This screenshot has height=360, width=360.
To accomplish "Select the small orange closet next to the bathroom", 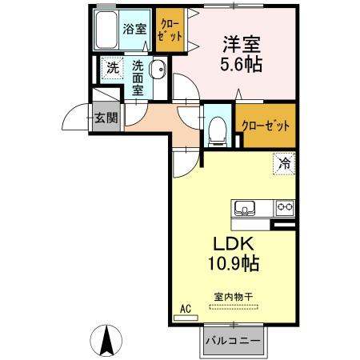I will coord(170,30).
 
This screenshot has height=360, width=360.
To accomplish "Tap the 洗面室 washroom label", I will coord(138,78).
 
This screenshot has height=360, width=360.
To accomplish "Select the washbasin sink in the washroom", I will coord(158,70).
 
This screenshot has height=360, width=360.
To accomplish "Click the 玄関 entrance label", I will coord(104,118).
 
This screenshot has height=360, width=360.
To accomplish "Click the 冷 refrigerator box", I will coord(283,162).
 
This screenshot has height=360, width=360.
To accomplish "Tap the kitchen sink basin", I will coord(244,207).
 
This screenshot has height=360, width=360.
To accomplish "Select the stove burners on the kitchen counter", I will coord(283,207).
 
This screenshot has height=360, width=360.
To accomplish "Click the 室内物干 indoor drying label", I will coord(232,297).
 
